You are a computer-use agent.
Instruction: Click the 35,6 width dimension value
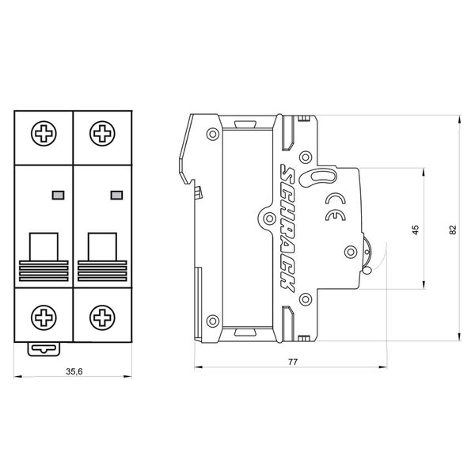74,371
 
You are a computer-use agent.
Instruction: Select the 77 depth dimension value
293,362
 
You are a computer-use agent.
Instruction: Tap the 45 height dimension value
416,230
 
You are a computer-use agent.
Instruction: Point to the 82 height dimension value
453,230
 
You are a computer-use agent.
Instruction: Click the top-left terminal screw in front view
44,133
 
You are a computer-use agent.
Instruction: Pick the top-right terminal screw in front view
102,133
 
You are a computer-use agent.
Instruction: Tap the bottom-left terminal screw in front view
44,317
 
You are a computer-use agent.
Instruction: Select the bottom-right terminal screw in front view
102,317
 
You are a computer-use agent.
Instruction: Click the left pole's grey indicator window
58,195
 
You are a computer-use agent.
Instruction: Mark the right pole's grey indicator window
116,195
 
